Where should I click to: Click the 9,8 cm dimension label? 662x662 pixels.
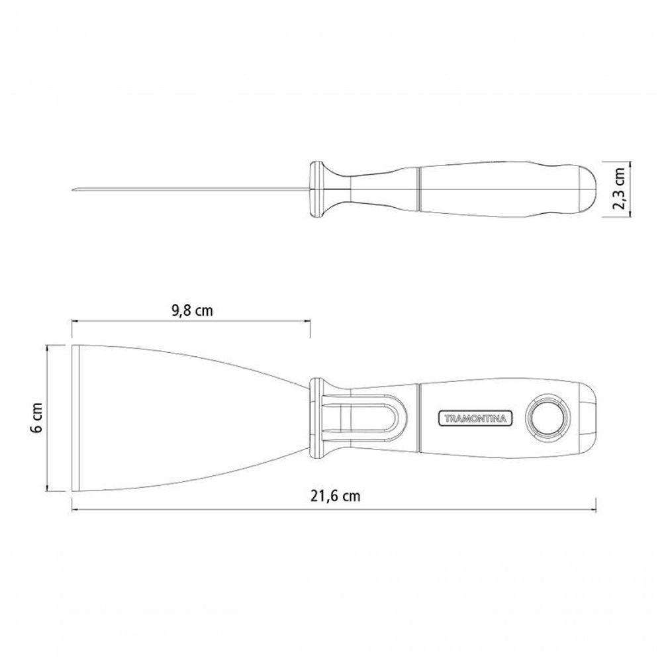coord(192,311)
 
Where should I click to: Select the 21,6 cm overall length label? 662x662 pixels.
coord(336,496)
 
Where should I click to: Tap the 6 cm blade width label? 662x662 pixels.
coord(36,417)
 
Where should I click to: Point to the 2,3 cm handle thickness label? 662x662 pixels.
coord(620,188)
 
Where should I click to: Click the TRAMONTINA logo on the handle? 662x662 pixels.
coord(475,418)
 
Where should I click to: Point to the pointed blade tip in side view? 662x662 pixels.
coord(73,189)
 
